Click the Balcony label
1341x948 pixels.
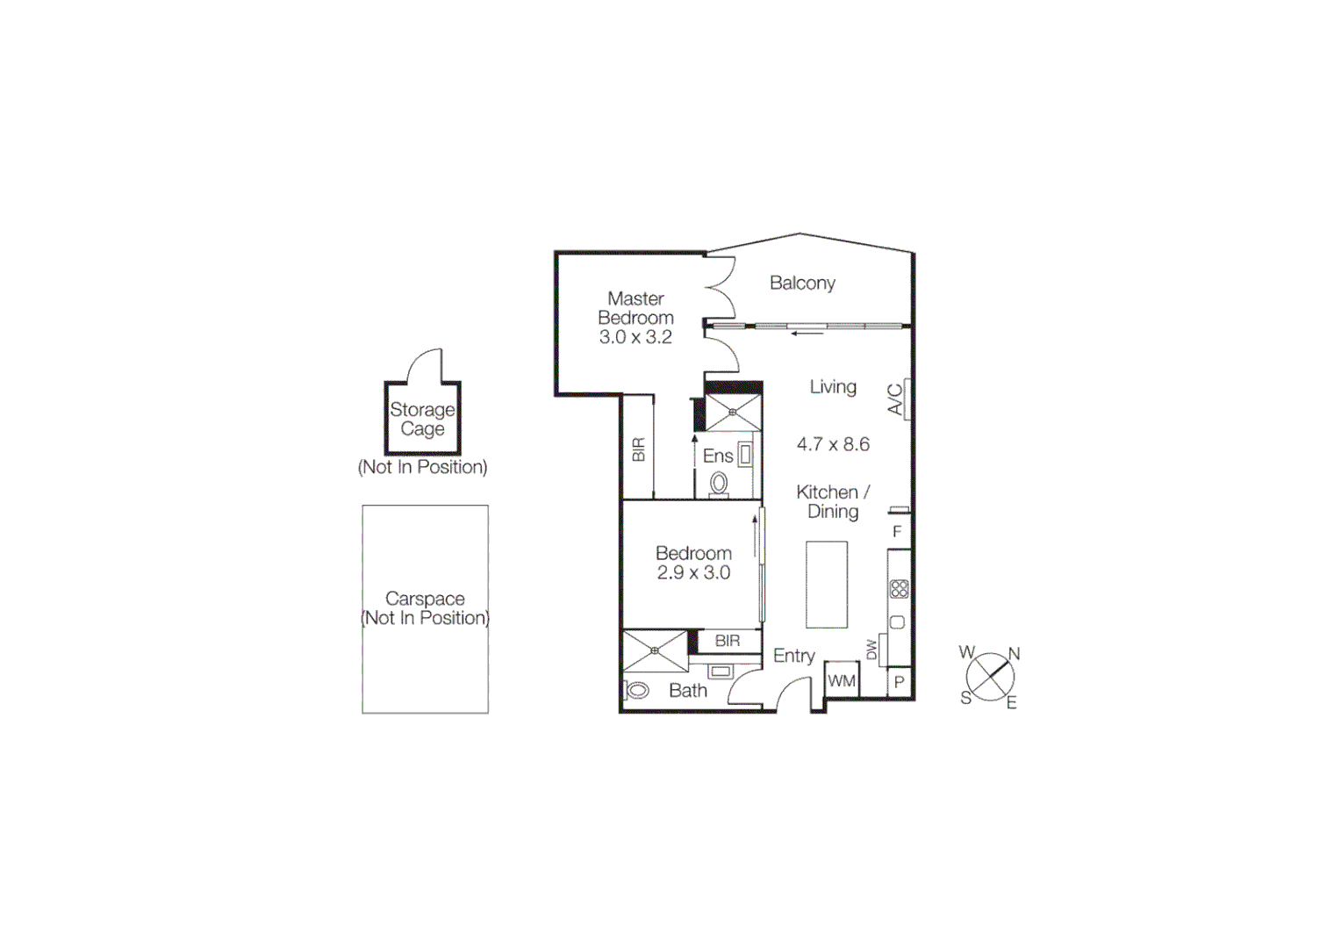point(802,283)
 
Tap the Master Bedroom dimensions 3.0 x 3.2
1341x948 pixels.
point(635,337)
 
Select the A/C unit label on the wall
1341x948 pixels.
point(895,399)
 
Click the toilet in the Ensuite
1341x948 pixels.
point(719,484)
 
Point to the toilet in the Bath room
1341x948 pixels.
point(637,690)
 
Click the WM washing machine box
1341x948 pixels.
point(842,680)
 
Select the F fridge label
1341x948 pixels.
point(897,532)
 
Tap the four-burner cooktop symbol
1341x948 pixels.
point(899,589)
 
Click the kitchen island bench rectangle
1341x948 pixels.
point(827,585)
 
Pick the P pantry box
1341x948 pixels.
point(899,682)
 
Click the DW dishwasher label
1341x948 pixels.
point(871,650)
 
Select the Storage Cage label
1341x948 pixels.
point(422,419)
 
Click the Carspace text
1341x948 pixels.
point(425,599)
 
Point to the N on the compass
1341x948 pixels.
point(1014,654)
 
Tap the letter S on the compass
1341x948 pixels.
point(965,698)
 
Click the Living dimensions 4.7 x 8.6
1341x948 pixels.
point(833,444)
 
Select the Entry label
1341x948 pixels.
point(793,656)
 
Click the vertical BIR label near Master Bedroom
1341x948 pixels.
point(639,449)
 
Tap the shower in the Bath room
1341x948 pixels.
point(656,651)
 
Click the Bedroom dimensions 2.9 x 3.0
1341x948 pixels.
point(693,572)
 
